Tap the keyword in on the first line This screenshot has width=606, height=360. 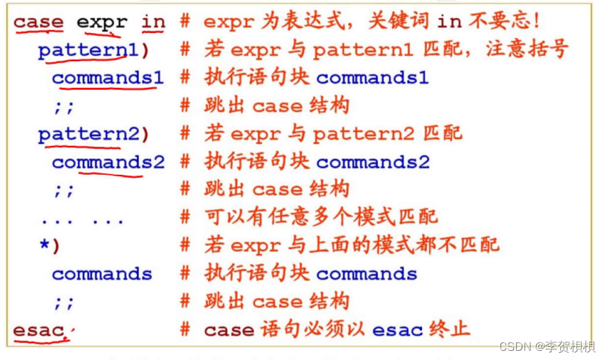point(153,22)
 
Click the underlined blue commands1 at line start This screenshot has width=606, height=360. point(107,77)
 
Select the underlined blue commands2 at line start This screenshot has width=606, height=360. point(107,162)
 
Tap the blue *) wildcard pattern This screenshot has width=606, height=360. point(50,246)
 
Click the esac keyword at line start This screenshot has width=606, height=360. point(39,329)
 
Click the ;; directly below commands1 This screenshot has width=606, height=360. point(63,106)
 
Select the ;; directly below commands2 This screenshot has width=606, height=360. point(63,190)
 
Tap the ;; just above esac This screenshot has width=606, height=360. point(63,302)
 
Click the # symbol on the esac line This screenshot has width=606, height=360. point(185,329)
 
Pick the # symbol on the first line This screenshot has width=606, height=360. point(185,22)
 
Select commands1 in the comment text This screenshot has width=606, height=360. point(372,77)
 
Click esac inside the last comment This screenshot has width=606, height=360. point(390,329)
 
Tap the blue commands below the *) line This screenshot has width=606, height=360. point(102,274)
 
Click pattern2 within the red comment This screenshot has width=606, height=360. point(364,133)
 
